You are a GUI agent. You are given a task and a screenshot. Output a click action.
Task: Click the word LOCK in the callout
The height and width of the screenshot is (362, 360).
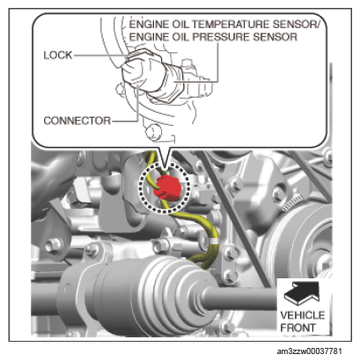[x=58, y=55]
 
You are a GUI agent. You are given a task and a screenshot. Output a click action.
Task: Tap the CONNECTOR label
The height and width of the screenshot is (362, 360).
[x=77, y=121]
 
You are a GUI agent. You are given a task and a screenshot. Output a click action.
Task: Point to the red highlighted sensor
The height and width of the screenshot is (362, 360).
[x=167, y=188]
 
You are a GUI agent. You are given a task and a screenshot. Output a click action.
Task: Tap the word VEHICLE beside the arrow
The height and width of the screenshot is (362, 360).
[x=303, y=315]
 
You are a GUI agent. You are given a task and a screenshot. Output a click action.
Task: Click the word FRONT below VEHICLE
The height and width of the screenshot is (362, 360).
[x=298, y=328]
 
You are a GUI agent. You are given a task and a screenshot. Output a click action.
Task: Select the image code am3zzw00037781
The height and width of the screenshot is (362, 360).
[x=309, y=351]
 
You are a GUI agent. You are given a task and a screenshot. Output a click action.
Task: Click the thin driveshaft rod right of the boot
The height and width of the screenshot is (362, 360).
[x=239, y=298]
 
